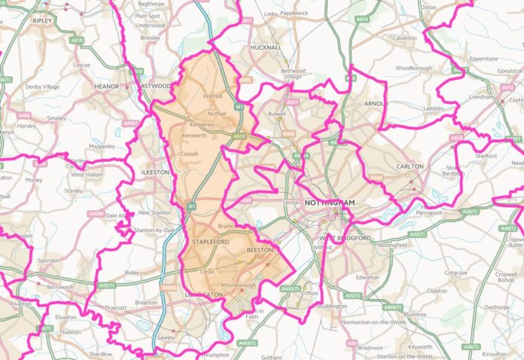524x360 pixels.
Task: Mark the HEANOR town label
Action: tap(105, 87)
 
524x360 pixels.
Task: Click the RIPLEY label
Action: tap(43, 21)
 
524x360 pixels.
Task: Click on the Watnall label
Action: tap(213, 96)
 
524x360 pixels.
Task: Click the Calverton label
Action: tap(404, 38)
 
